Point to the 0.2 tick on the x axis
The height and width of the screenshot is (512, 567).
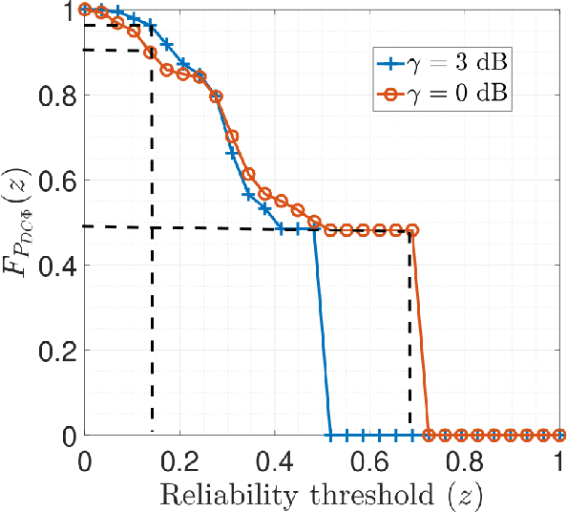(x=179, y=459)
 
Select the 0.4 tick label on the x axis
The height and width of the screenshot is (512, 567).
(x=275, y=459)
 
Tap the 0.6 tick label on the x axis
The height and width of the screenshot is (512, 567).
(x=369, y=459)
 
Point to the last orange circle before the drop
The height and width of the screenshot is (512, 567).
(x=412, y=230)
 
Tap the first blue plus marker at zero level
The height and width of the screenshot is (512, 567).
(x=330, y=436)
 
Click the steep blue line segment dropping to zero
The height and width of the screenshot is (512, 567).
(x=323, y=334)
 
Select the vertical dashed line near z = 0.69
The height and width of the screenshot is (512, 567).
(x=410, y=334)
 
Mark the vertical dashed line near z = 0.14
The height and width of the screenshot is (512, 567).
(x=152, y=287)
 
